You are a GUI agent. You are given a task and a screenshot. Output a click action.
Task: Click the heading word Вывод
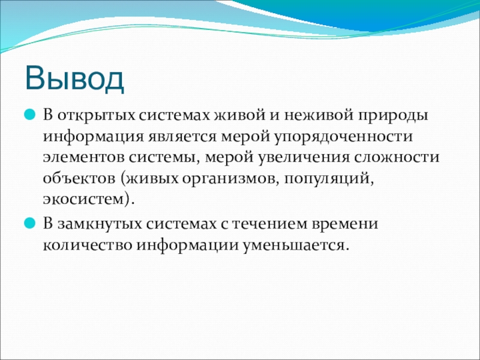coord(74,79)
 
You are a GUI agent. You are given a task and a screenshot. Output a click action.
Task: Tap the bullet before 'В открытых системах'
coord(29,115)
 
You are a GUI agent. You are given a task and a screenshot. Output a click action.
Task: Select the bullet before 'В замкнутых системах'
coord(29,223)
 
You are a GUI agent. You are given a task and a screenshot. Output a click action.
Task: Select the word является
coord(182,137)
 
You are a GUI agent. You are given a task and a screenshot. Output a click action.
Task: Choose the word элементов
coord(83,158)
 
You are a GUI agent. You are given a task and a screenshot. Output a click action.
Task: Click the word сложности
coord(397,158)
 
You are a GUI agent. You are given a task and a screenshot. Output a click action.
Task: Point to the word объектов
coord(79,178)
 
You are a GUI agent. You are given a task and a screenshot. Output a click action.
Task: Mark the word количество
coord(87,245)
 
